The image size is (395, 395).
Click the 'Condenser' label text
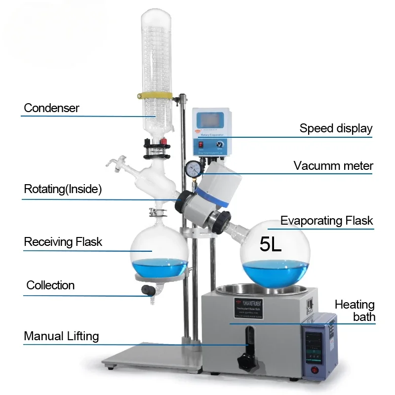click(x=51, y=108)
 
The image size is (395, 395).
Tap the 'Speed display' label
click(x=336, y=128)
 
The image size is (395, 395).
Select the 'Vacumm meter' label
click(x=333, y=165)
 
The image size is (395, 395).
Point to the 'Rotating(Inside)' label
click(x=63, y=189)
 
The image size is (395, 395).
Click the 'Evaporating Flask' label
click(x=327, y=220)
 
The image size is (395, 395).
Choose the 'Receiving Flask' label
click(x=63, y=242)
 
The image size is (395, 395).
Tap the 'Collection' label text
click(x=50, y=285)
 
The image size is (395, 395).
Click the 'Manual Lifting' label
click(x=61, y=336)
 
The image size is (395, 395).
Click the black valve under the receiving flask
click(x=147, y=290)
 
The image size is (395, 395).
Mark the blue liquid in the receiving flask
click(x=159, y=267)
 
